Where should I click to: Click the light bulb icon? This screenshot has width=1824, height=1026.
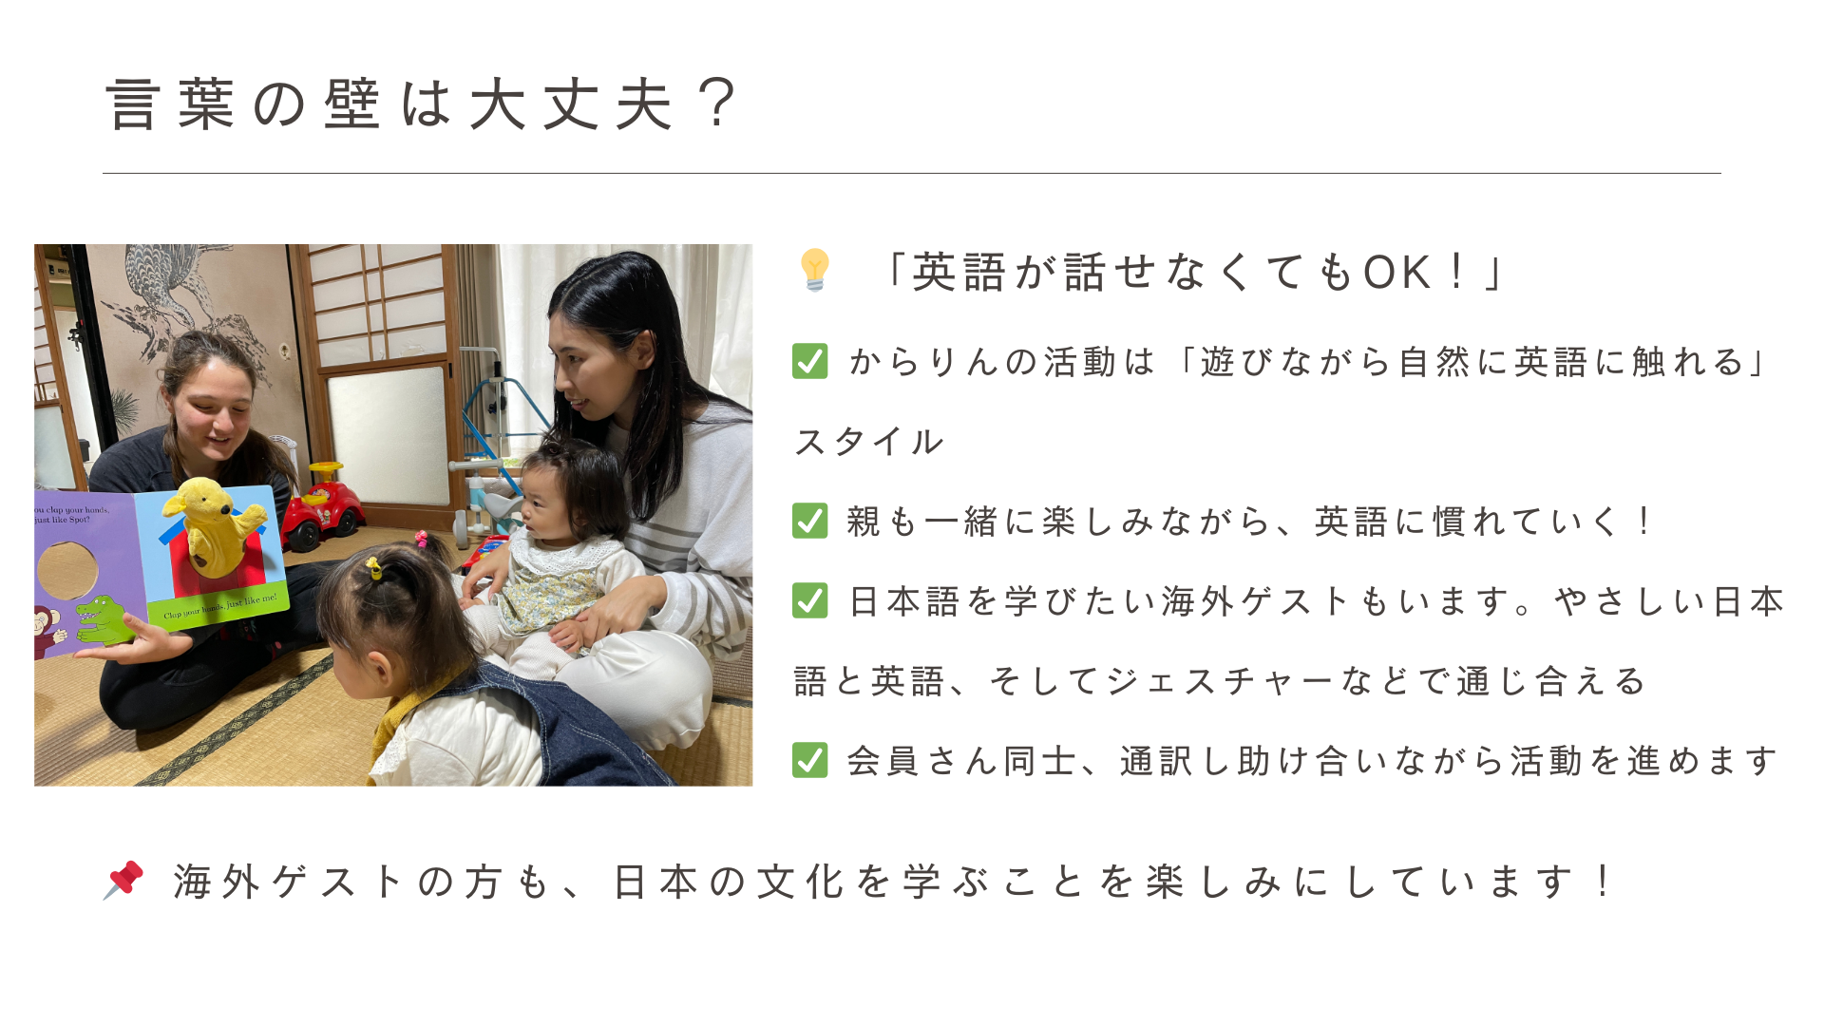click(815, 270)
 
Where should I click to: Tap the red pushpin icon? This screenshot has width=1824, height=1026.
click(123, 880)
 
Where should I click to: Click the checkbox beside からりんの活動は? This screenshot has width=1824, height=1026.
click(809, 361)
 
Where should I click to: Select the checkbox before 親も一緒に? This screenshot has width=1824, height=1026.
click(809, 521)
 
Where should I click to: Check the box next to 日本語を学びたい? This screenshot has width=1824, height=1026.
click(809, 600)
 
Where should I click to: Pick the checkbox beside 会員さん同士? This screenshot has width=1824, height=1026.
click(809, 760)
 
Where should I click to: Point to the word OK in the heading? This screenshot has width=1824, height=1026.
click(1396, 274)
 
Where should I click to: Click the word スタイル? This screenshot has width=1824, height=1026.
click(869, 442)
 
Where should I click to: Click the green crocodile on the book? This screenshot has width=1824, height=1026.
click(106, 619)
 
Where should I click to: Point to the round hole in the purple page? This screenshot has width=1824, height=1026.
click(66, 570)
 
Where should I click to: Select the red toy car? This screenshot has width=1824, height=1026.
click(321, 508)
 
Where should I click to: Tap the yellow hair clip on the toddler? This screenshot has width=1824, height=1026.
click(374, 568)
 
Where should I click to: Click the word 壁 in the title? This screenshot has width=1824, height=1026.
click(351, 104)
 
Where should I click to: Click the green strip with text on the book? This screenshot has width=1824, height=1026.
click(218, 605)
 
